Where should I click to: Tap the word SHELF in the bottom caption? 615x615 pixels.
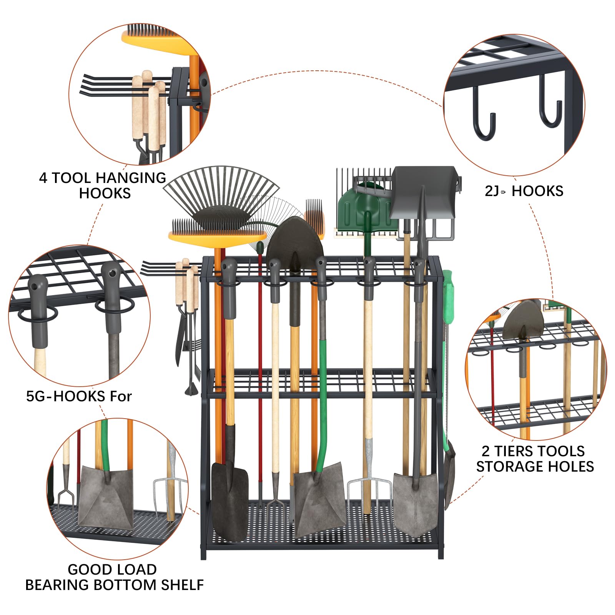click(x=182, y=585)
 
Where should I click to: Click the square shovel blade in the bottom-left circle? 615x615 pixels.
click(x=106, y=496)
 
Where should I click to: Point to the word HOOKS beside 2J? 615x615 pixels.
click(x=537, y=191)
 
